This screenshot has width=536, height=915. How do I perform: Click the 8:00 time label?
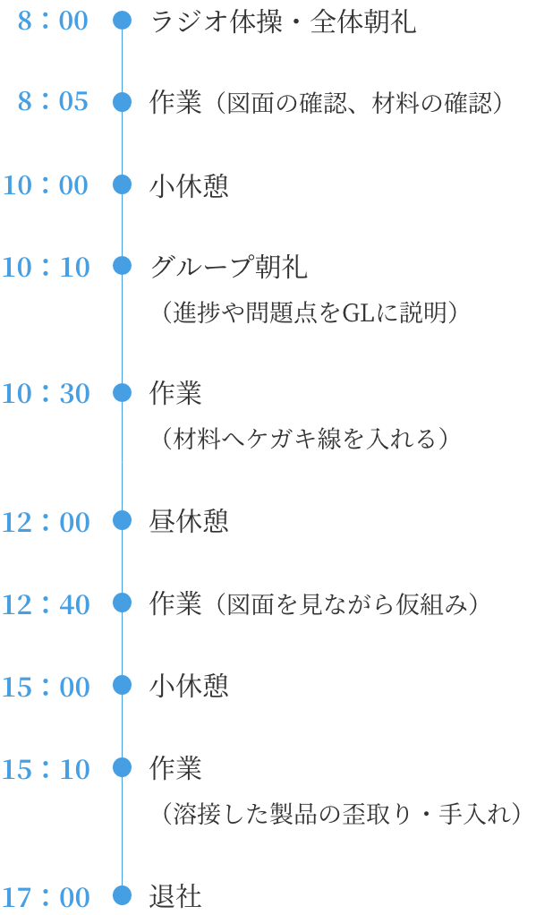tap(53, 21)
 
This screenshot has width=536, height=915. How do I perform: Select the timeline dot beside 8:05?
tap(122, 101)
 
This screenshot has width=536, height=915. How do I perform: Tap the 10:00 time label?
tap(46, 185)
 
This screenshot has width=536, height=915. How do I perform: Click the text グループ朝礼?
tap(229, 268)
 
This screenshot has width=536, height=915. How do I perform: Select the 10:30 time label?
tap(46, 394)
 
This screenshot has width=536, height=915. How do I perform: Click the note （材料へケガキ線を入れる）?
tap(305, 439)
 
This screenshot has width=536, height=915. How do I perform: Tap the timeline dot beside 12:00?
tap(122, 520)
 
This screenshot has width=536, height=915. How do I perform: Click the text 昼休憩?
tap(189, 521)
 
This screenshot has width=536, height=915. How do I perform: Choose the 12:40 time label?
tap(46, 604)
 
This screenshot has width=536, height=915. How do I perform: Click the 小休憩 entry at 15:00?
tap(189, 686)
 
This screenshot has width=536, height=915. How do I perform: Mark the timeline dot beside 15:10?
tap(122, 768)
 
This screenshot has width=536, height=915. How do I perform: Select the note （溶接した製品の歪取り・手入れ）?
tap(341, 814)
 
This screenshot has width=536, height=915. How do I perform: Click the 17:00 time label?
tap(46, 897)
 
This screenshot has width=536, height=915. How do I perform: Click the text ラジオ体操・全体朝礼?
tap(284, 21)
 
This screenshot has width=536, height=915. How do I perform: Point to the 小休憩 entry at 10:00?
tap(189, 186)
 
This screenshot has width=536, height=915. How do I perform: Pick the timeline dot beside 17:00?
tap(122, 894)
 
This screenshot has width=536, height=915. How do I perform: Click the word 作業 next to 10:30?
tap(175, 394)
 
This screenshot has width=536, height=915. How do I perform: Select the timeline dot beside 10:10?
tap(122, 266)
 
